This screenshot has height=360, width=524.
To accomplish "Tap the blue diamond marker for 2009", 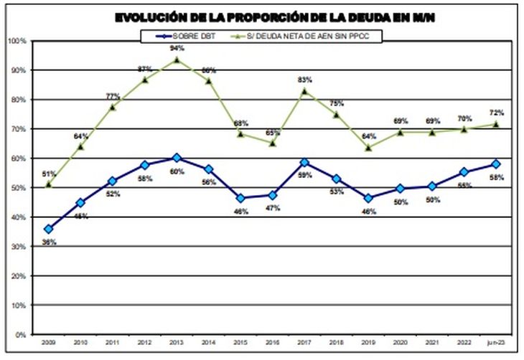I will tap(48, 229).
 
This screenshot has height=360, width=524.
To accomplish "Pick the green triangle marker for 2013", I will tap(177, 60).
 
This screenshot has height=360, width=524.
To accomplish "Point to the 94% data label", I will tap(177, 48).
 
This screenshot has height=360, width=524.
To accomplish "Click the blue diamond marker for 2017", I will tap(304, 163).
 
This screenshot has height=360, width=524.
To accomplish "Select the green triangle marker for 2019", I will tap(369, 148).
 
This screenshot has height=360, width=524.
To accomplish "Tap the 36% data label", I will tap(48, 242).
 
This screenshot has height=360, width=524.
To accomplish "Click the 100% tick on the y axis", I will tap(18, 42).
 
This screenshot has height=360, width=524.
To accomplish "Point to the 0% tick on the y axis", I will tap(21, 335).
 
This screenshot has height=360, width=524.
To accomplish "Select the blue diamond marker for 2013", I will tap(177, 158).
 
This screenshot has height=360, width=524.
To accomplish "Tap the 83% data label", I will tap(304, 80).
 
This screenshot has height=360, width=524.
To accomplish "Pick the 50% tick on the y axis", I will tap(19, 188).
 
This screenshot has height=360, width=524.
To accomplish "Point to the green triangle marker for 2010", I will tap(80, 147).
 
